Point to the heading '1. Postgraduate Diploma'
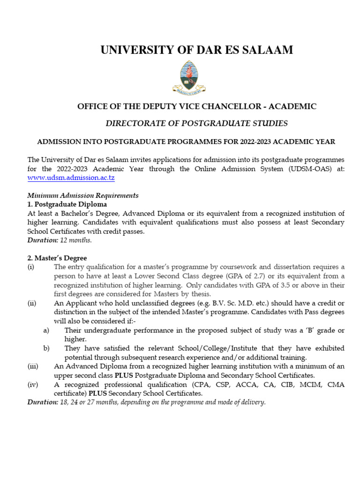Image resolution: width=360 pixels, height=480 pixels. (x=67, y=204)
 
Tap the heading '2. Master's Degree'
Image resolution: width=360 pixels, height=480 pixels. (x=57, y=258)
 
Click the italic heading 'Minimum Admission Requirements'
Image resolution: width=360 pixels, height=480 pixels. (x=82, y=195)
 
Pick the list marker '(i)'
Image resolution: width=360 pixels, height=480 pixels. (x=31, y=267)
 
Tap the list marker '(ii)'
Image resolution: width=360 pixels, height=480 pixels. (x=32, y=303)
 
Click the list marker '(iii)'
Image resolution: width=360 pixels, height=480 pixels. (x=33, y=366)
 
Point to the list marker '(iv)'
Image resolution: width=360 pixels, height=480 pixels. (x=32, y=384)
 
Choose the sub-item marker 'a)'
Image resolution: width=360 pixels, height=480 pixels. (x=46, y=330)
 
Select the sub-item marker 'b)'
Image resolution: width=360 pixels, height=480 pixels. (x=46, y=348)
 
